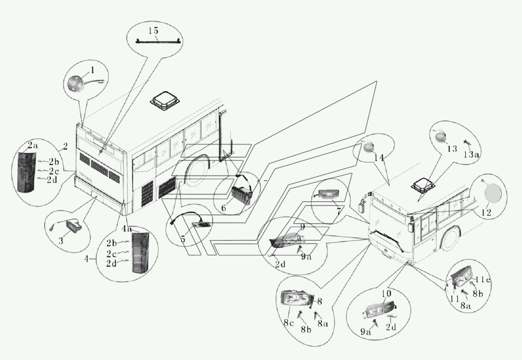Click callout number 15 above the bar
click(x=153, y=31)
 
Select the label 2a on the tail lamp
click(x=33, y=145)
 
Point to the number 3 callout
click(x=61, y=241)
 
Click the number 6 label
click(x=224, y=207)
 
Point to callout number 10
click(x=386, y=294)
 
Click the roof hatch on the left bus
click(x=166, y=101)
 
